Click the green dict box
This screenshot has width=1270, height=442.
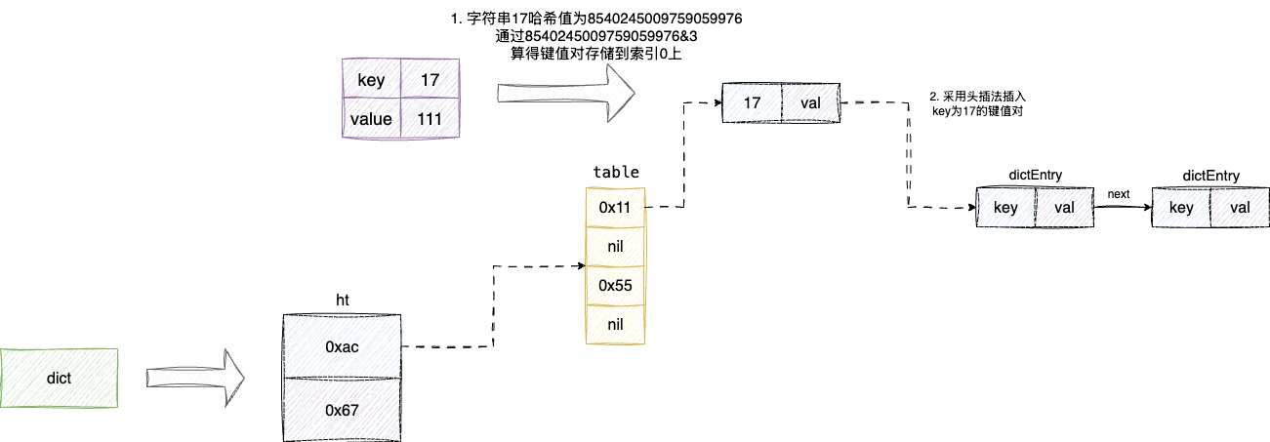(x=59, y=377)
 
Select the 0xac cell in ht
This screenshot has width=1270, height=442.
(x=342, y=346)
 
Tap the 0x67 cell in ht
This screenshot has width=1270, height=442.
(x=342, y=410)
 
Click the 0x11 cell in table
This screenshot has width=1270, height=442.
(x=615, y=207)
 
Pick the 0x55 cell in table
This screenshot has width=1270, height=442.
(x=615, y=284)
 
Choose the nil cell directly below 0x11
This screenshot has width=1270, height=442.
(x=615, y=246)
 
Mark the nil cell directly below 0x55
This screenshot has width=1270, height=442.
(x=615, y=323)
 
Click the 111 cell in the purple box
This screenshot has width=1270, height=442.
(x=430, y=119)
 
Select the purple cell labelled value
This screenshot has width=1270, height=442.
(x=371, y=119)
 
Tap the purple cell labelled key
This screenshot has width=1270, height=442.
(x=371, y=80)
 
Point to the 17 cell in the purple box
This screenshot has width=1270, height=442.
(x=430, y=80)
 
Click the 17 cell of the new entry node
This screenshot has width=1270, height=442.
(x=752, y=102)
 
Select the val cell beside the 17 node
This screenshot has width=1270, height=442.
(x=810, y=102)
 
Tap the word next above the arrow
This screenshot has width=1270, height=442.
(x=1119, y=193)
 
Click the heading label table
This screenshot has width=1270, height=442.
(x=616, y=172)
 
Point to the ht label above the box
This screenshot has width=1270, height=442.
(x=343, y=301)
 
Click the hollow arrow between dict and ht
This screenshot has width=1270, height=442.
(x=195, y=377)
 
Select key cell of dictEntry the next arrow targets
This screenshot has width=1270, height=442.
(x=1181, y=208)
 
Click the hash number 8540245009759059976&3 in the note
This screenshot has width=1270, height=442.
(x=610, y=36)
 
